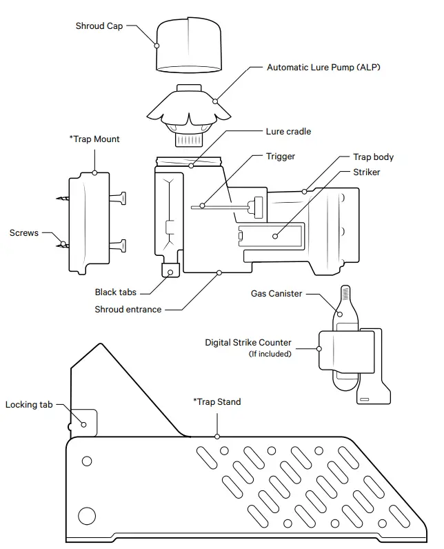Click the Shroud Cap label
tap(100, 26)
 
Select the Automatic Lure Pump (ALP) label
tap(323, 68)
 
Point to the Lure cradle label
tap(288, 131)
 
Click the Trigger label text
tap(280, 157)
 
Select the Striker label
tap(366, 172)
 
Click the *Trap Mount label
tap(94, 139)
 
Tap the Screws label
tap(24, 233)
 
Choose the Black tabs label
tap(115, 292)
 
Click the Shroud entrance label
tap(128, 310)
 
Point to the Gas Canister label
tap(276, 294)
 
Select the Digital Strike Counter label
tap(248, 343)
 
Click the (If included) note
tap(270, 355)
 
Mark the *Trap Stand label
tap(217, 402)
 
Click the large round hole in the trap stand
tap(88, 515)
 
